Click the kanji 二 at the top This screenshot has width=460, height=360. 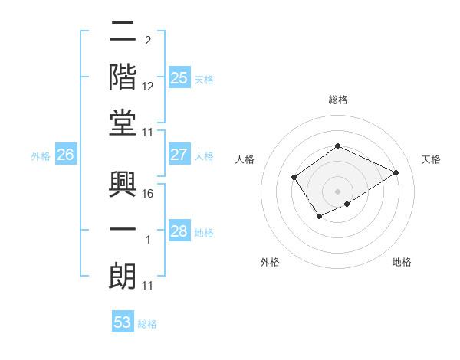123,32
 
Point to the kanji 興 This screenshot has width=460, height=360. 123,184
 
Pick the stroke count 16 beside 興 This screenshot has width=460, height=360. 149,194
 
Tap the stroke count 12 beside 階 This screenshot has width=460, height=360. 149,87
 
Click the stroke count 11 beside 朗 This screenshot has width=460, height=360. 148,286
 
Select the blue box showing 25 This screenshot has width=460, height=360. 179,78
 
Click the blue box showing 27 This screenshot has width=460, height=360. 179,155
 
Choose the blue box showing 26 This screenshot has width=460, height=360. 66,155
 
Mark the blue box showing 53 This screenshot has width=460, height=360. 123,322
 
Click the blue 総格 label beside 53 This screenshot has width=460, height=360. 147,324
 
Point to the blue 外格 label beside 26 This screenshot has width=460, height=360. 41,156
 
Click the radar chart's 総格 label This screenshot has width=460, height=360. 337,100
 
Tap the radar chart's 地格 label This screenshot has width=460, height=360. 402,262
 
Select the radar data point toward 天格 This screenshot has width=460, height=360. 396,172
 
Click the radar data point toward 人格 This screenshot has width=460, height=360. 294,178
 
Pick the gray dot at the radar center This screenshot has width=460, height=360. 337,191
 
